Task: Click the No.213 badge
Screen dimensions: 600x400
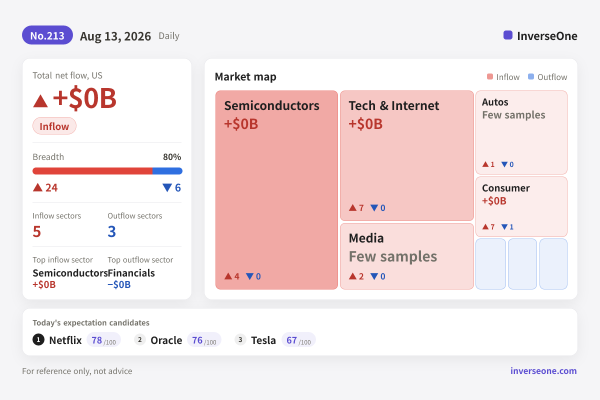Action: pos(47,35)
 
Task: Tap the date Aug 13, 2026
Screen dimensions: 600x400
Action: pos(115,36)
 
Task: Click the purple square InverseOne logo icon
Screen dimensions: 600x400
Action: pos(508,35)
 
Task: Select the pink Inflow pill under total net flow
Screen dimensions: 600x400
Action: pos(54,126)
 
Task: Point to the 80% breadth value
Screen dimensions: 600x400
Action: pos(172,156)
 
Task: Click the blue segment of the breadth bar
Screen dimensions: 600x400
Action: pos(167,171)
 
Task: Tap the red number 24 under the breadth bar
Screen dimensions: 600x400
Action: pos(51,187)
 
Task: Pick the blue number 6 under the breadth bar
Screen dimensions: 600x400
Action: pos(178,187)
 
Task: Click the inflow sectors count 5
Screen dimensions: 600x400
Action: pos(36,231)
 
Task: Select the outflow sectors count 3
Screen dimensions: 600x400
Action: pos(111,231)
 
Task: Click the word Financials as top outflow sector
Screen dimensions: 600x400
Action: pos(131,273)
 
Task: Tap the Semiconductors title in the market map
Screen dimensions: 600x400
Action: pos(271,105)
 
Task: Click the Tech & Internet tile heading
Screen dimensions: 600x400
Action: pos(394,105)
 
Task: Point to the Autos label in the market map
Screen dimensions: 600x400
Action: pos(495,102)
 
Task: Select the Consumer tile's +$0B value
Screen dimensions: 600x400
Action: pos(494,200)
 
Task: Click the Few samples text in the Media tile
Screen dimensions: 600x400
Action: pos(392,256)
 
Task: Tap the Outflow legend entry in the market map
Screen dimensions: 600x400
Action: pos(547,77)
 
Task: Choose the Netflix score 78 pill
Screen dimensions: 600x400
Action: pos(103,340)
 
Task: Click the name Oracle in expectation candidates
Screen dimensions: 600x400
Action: pos(166,340)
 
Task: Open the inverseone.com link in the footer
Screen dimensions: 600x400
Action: pos(543,371)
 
